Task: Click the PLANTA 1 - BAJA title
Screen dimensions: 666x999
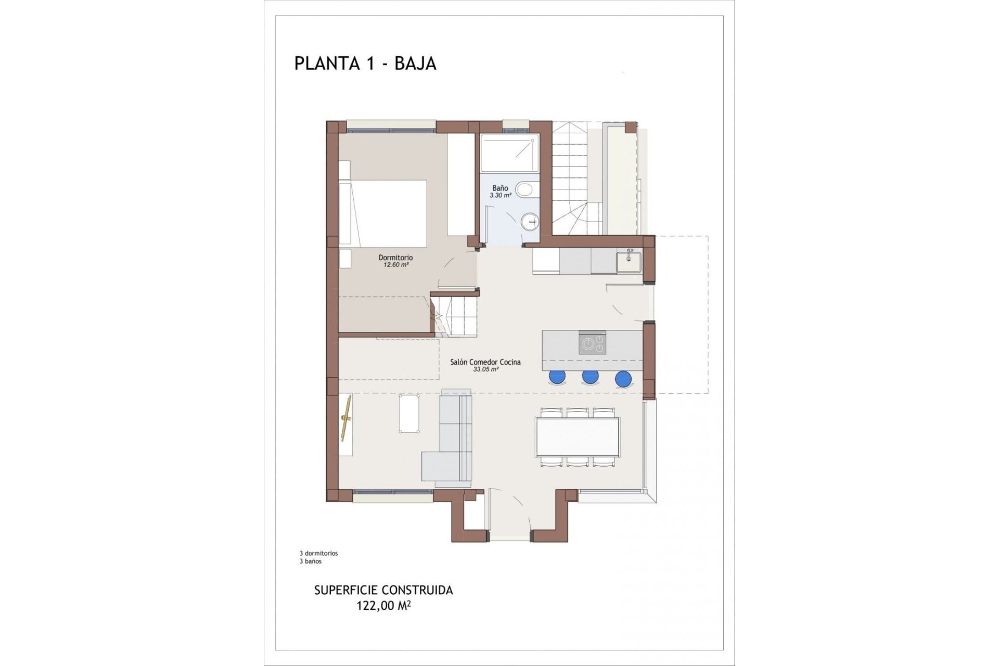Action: tap(365, 63)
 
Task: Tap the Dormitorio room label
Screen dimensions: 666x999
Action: tap(395, 258)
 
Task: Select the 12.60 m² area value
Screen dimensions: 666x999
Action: tap(395, 265)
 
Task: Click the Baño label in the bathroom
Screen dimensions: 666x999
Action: tap(500, 188)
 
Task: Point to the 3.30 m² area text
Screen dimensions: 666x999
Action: tap(500, 196)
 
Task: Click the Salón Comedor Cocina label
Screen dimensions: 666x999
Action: tap(485, 362)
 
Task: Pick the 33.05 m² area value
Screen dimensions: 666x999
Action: tap(485, 369)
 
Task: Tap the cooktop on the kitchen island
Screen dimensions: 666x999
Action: tap(592, 343)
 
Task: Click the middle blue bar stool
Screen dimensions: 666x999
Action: tap(590, 376)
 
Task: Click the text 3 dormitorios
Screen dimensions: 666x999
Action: tap(318, 554)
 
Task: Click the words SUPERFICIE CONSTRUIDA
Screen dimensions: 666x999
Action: tap(383, 591)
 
